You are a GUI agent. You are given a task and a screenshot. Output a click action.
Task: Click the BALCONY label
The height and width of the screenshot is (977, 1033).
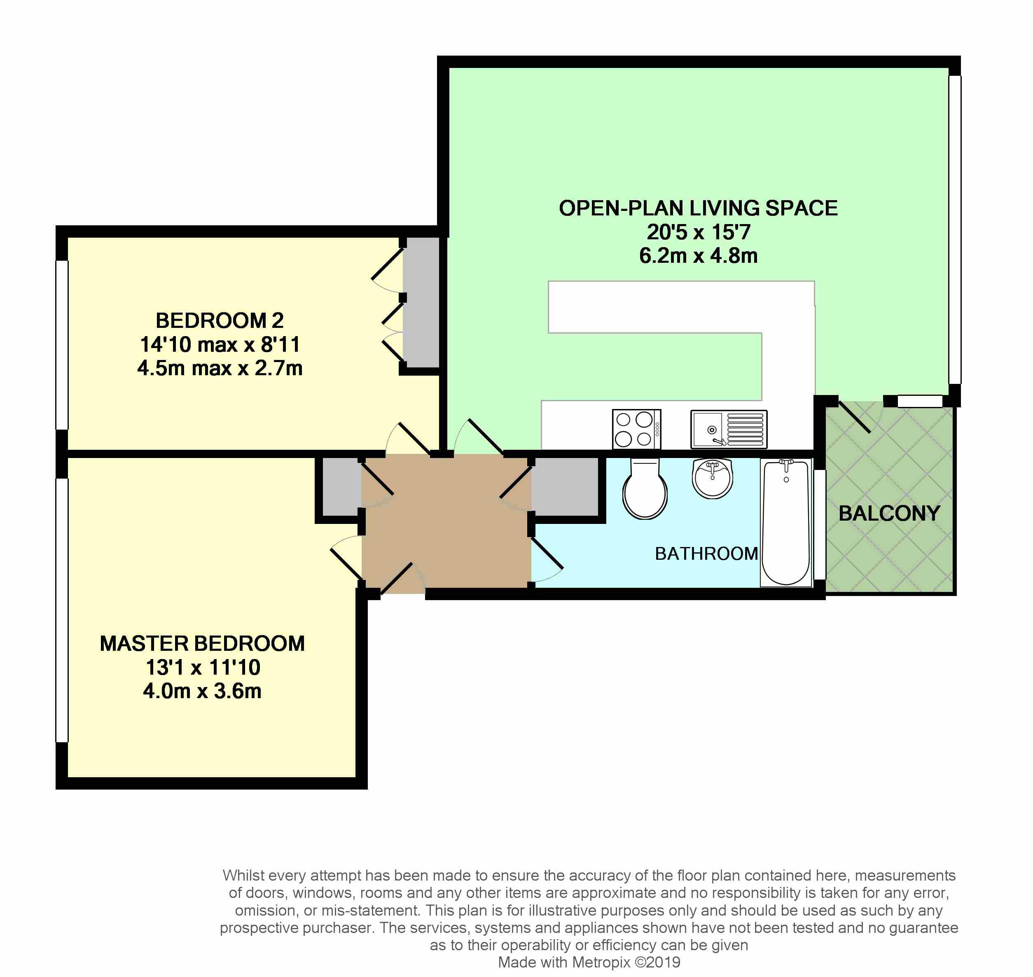coord(889,514)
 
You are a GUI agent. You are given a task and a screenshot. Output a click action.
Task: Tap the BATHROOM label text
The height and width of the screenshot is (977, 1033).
coord(706,554)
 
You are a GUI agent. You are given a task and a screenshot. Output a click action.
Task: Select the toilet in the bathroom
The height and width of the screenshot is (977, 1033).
coord(645,488)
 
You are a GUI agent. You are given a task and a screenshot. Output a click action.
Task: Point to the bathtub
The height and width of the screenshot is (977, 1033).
coord(786,522)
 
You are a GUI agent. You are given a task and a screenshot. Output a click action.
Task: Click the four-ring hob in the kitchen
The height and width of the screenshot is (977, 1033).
coord(637,429)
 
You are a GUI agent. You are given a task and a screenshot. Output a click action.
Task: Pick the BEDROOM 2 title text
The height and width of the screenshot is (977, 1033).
coord(220,320)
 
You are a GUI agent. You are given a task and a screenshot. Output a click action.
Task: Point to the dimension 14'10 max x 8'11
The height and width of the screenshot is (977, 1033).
coord(220,344)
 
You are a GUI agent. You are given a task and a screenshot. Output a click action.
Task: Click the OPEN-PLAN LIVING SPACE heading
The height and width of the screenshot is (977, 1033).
coord(698,208)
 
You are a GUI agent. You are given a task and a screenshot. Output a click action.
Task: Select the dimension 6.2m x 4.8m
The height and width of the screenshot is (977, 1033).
coord(698,256)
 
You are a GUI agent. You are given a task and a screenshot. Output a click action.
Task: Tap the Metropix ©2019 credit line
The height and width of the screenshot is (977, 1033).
coord(589,963)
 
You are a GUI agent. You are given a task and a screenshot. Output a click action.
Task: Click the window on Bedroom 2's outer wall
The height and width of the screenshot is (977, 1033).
coord(62,345)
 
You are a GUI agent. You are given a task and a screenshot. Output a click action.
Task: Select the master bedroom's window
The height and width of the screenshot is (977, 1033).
coord(62,610)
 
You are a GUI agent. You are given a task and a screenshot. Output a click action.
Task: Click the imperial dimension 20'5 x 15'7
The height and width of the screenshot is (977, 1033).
coord(698,232)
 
